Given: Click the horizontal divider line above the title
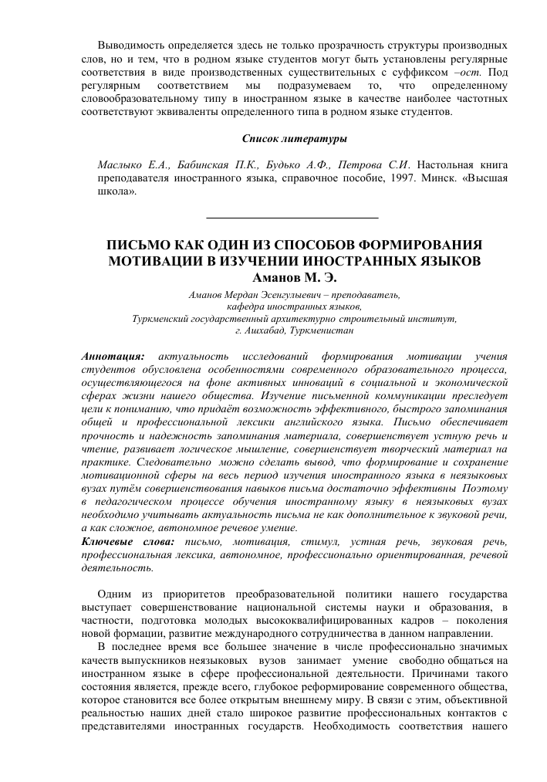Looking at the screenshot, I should [294, 218].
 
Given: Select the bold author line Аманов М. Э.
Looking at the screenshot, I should [294, 277].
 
